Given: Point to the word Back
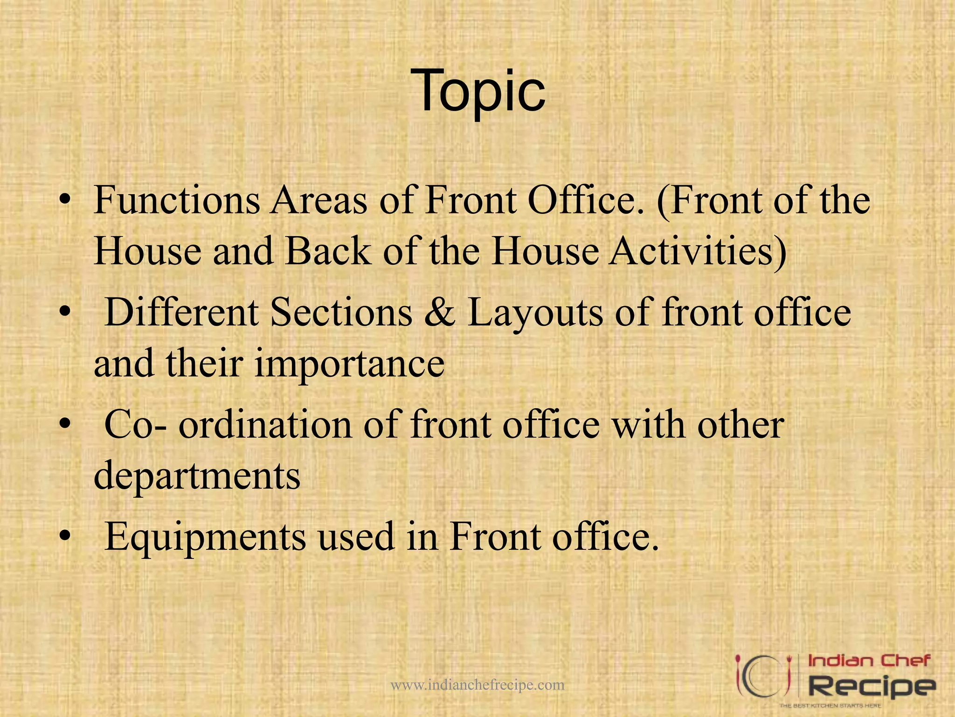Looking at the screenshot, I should point(328,252).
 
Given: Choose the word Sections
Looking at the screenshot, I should point(341,312).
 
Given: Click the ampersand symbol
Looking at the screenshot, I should point(440,312).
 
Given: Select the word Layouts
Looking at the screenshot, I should point(535,312).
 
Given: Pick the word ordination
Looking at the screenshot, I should point(265,424).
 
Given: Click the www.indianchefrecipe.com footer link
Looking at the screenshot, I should point(477,685).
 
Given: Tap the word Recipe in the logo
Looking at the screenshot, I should point(871,687).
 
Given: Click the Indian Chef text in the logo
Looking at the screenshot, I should point(869,661).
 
